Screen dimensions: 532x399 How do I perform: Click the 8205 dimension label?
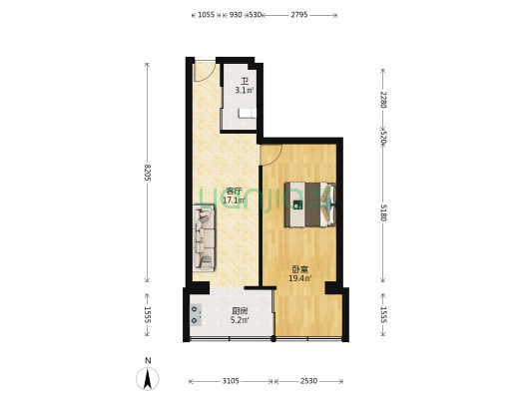148,173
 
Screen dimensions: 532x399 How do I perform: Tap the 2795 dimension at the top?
298,15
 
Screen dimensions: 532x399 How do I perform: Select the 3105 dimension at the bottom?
231,381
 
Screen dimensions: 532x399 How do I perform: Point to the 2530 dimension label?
308,381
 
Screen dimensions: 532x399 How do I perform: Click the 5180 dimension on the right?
383,212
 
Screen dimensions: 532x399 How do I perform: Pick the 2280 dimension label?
383,100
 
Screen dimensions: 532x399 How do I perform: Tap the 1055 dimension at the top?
206,15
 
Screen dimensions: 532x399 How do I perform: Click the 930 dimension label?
236,15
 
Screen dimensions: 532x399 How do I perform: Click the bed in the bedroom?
310,204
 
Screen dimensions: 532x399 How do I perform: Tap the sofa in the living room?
204,237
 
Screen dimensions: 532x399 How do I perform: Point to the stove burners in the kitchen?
195,314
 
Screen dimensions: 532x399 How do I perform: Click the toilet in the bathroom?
247,113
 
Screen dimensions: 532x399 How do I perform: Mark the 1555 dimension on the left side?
148,314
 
